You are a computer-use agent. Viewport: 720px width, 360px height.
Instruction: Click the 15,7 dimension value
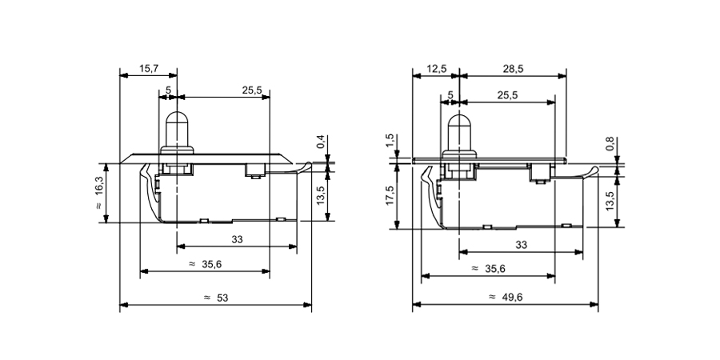(148, 70)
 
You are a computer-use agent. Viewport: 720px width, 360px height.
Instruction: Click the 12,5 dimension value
(437, 70)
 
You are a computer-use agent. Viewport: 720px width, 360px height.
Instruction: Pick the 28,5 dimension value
(514, 70)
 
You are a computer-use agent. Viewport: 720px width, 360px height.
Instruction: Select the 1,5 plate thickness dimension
(390, 142)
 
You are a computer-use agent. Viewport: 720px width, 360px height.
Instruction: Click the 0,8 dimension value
(610, 144)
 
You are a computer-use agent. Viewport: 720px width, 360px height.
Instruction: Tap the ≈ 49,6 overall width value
(506, 297)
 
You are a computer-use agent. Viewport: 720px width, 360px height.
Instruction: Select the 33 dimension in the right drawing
(521, 244)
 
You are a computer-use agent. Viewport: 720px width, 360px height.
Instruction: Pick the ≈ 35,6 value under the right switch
(487, 269)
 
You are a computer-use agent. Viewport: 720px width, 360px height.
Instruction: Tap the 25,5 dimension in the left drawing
(252, 90)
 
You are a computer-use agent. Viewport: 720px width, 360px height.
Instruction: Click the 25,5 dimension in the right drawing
(507, 95)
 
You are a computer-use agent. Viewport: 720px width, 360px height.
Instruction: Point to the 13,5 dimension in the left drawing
(321, 194)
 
